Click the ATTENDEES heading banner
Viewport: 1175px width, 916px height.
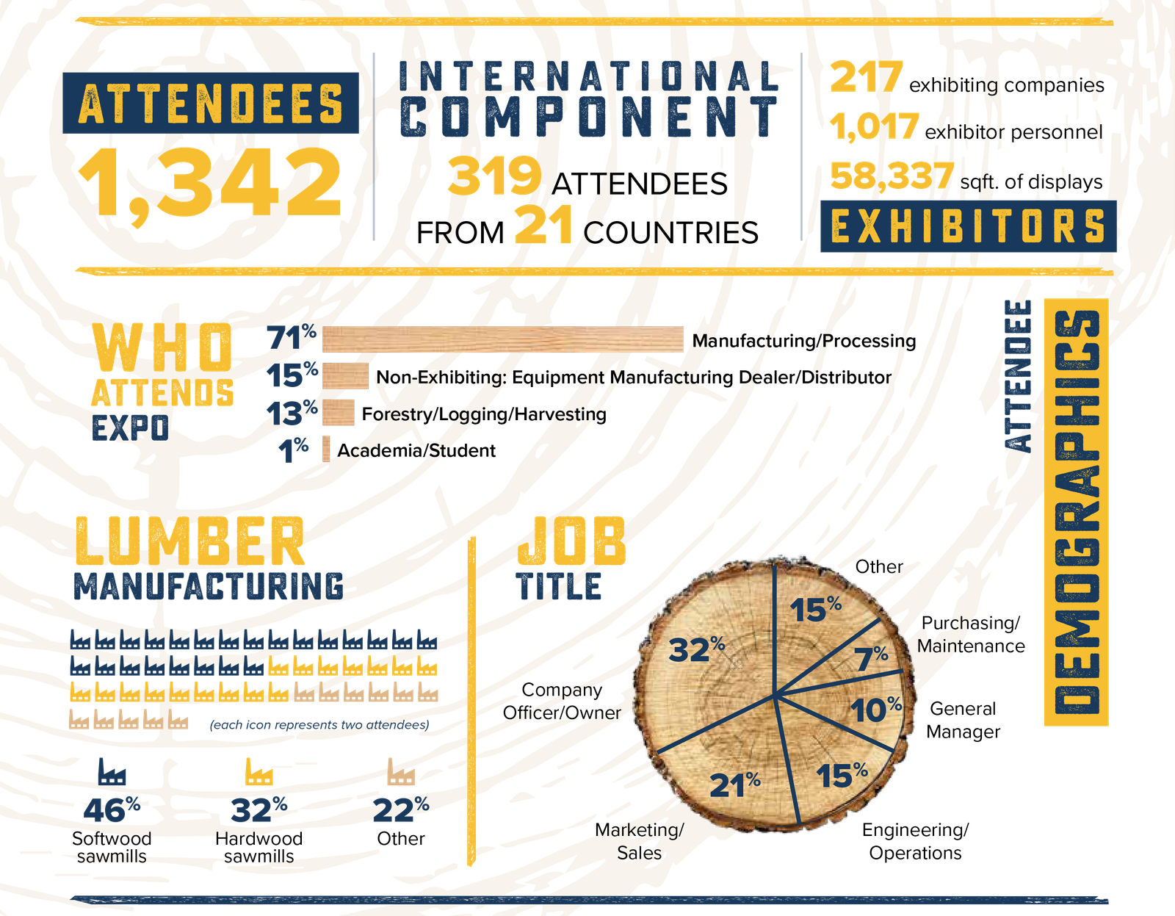(211, 103)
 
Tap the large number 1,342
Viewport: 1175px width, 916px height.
(210, 181)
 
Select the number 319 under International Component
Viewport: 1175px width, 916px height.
(493, 176)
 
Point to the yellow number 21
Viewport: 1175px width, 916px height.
(543, 225)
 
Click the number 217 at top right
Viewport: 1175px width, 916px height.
(867, 77)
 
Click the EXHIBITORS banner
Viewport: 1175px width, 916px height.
(968, 226)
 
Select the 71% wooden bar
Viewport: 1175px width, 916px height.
(503, 340)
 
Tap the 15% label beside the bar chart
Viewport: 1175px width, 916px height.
(292, 375)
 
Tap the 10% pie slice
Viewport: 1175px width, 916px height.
(875, 710)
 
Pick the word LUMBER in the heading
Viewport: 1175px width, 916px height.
(189, 541)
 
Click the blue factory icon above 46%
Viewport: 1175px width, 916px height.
(112, 772)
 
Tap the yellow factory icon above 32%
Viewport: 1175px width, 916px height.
(258, 772)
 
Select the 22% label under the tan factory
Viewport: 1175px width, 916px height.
(400, 809)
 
